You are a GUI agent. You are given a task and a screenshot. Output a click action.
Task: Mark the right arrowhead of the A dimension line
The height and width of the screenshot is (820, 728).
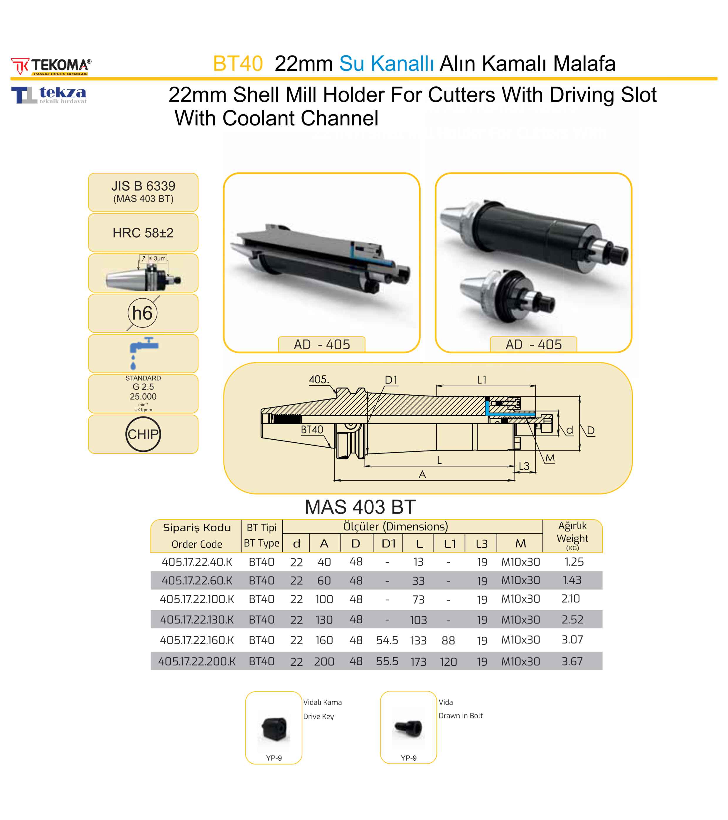coord(512,480)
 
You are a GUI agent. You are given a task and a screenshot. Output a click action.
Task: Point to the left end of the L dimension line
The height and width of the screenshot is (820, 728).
coord(365,466)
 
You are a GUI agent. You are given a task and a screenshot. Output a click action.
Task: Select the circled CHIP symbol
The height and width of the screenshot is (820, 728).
coord(143,434)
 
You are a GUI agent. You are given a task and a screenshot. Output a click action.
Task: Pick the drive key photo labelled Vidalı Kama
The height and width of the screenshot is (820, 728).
coord(274,728)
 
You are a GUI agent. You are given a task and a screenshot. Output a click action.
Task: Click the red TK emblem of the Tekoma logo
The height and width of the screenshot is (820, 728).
coord(20,66)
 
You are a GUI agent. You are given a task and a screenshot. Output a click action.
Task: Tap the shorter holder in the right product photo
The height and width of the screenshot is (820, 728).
coord(508,295)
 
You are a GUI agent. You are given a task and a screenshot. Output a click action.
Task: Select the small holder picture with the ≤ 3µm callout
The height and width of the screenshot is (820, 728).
coord(143,277)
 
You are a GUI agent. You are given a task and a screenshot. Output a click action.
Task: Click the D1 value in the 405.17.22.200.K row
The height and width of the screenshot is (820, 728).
coord(387,661)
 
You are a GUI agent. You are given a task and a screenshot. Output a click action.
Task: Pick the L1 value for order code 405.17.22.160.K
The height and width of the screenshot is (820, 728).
coord(448,640)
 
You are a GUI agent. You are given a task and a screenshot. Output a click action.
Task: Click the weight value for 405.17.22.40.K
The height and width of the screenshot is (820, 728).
coord(574,562)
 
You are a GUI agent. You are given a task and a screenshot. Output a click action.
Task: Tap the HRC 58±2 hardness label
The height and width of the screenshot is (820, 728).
coord(143,233)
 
